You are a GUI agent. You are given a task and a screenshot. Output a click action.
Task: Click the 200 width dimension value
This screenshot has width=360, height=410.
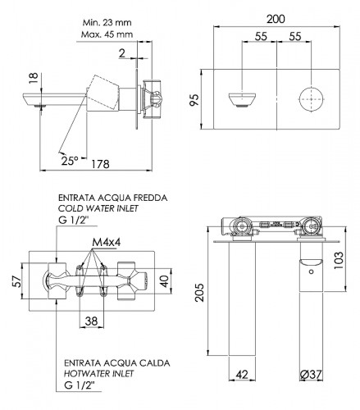coord(276,19)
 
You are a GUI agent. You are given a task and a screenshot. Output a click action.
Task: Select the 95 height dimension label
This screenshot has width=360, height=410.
coord(194,100)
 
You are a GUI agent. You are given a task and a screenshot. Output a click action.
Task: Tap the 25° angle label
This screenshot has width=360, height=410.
coord(70,161)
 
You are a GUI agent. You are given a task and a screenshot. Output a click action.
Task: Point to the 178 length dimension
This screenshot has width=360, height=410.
coord(100,164)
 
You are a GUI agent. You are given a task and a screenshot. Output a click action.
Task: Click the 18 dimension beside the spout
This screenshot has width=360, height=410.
coord(34,79)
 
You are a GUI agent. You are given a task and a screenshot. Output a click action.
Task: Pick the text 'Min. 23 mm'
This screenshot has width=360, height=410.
coord(107,22)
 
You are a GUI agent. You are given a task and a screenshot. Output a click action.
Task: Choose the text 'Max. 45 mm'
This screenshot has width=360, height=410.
coord(107,34)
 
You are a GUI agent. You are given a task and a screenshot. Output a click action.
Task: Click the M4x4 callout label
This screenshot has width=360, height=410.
coord(107,242)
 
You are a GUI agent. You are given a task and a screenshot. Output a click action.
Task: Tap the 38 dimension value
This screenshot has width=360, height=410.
coord(91,321)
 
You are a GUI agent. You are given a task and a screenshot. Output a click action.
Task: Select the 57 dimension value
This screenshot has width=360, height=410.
coord(16,281)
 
